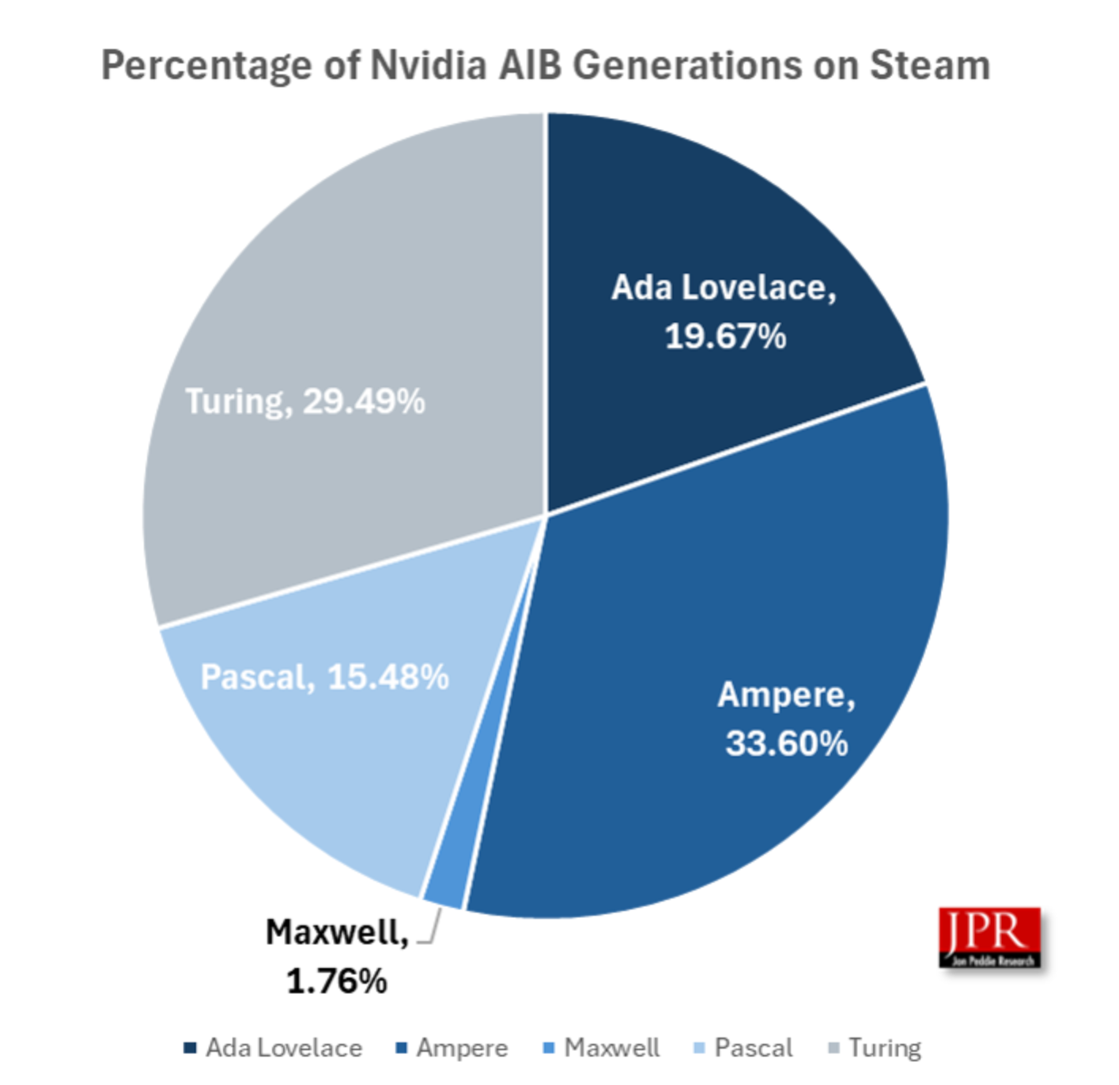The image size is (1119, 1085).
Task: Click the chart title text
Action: click(x=546, y=65)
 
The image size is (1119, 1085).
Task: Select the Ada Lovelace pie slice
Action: click(x=712, y=214)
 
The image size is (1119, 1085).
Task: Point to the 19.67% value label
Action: click(x=725, y=337)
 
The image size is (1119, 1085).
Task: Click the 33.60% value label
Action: click(x=786, y=743)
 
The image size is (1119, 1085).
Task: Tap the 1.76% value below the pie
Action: click(x=337, y=981)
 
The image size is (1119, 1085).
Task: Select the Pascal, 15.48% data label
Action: click(x=324, y=677)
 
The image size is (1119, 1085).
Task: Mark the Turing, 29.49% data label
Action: click(x=305, y=402)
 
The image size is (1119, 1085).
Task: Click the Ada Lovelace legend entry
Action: click(x=274, y=1048)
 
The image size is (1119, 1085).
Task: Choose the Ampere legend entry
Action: click(x=452, y=1048)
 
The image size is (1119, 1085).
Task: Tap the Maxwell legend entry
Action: click(x=602, y=1048)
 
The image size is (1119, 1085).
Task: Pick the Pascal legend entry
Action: click(x=743, y=1048)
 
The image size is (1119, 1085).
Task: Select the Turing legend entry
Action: click(x=875, y=1048)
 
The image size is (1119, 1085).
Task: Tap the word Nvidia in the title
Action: click(x=429, y=65)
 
